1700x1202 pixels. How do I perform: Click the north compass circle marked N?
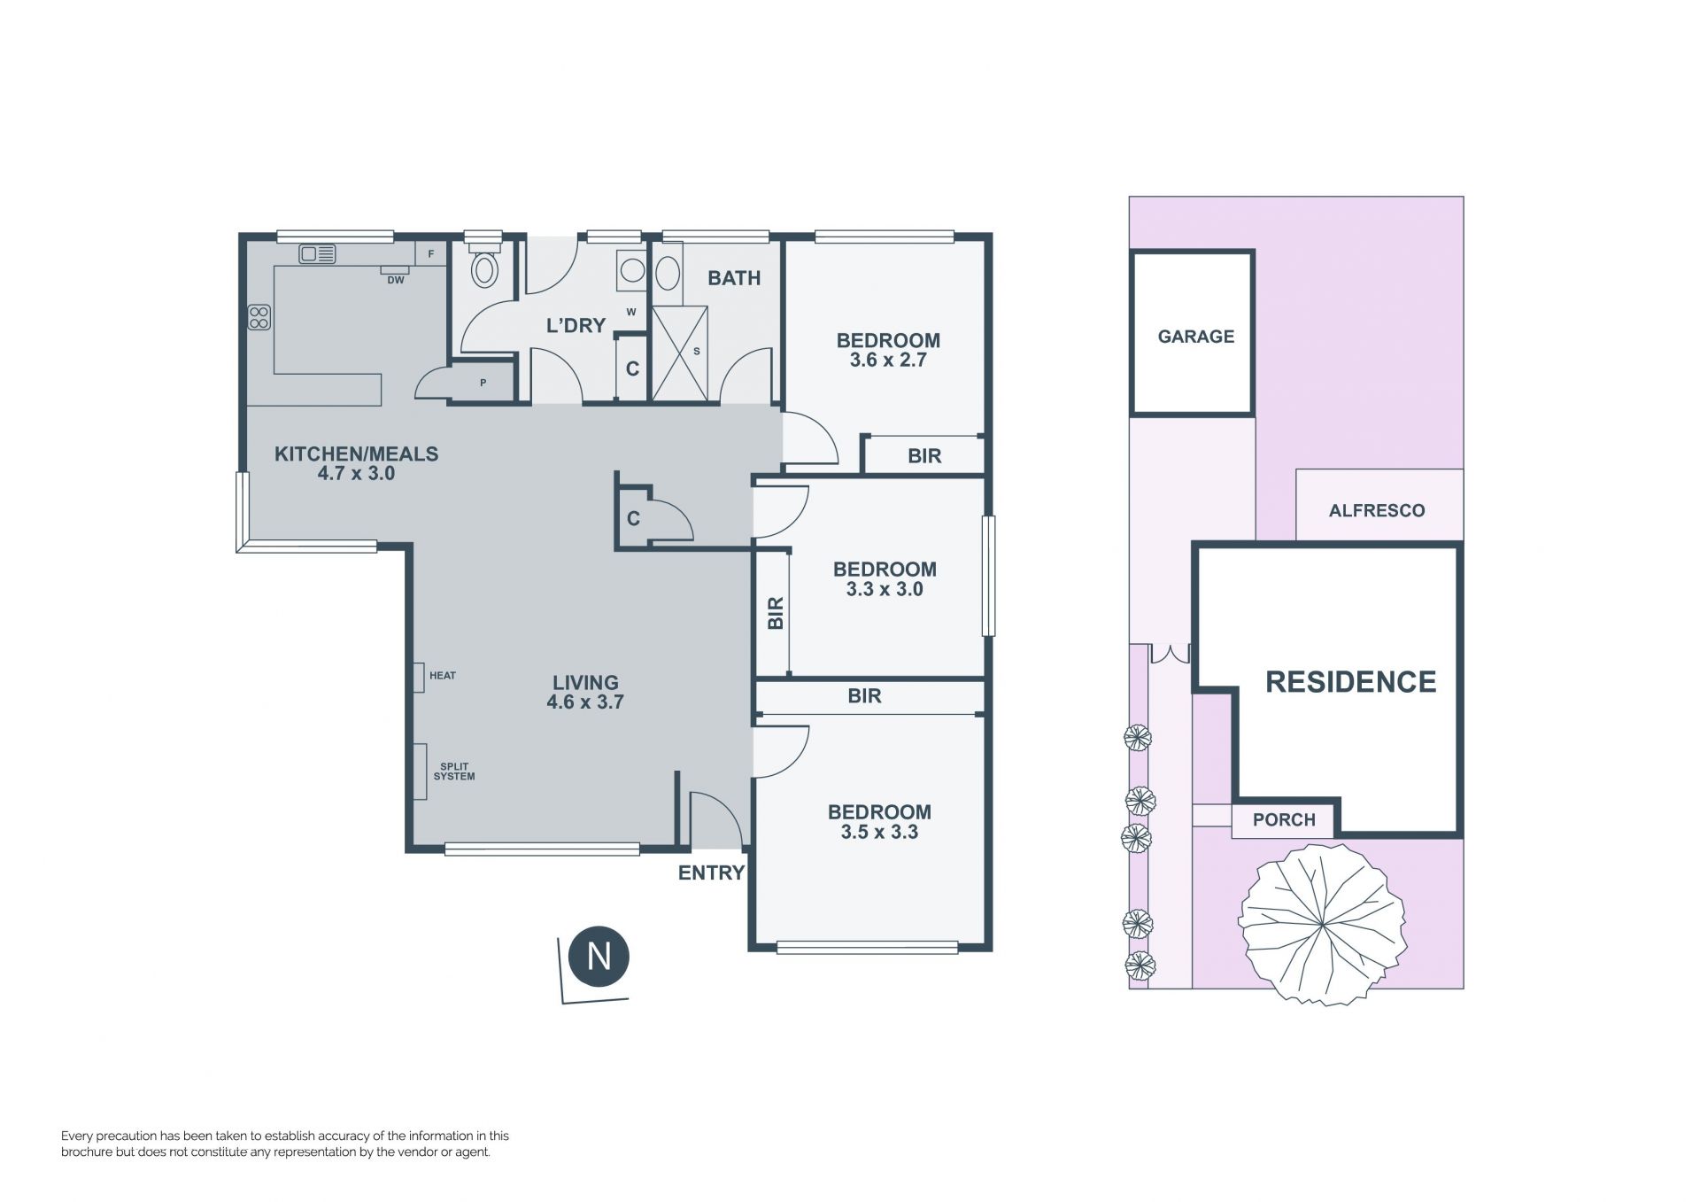[x=599, y=957]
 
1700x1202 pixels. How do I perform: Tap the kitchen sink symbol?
[x=317, y=254]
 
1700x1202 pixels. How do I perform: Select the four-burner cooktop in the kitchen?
[x=259, y=317]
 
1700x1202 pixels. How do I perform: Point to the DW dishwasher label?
[x=396, y=280]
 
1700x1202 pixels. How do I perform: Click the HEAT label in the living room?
[x=443, y=676]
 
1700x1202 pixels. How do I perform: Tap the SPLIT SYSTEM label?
[x=454, y=772]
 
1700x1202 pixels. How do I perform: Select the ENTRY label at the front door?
[x=711, y=873]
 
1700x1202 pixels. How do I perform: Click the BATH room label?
[x=734, y=278]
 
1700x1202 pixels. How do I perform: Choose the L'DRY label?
[x=576, y=325]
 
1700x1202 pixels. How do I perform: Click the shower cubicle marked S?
[x=680, y=353]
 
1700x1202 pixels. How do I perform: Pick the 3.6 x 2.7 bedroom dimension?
[x=888, y=361]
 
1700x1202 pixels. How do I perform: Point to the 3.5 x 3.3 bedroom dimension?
[x=879, y=833]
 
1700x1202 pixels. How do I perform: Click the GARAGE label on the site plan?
[x=1195, y=337]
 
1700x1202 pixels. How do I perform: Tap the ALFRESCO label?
[x=1377, y=510]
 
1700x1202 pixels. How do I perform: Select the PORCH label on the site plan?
[x=1284, y=820]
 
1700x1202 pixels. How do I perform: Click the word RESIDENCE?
[x=1351, y=682]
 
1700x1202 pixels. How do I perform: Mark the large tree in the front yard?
[x=1321, y=925]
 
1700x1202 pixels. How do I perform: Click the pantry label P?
[x=483, y=384]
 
